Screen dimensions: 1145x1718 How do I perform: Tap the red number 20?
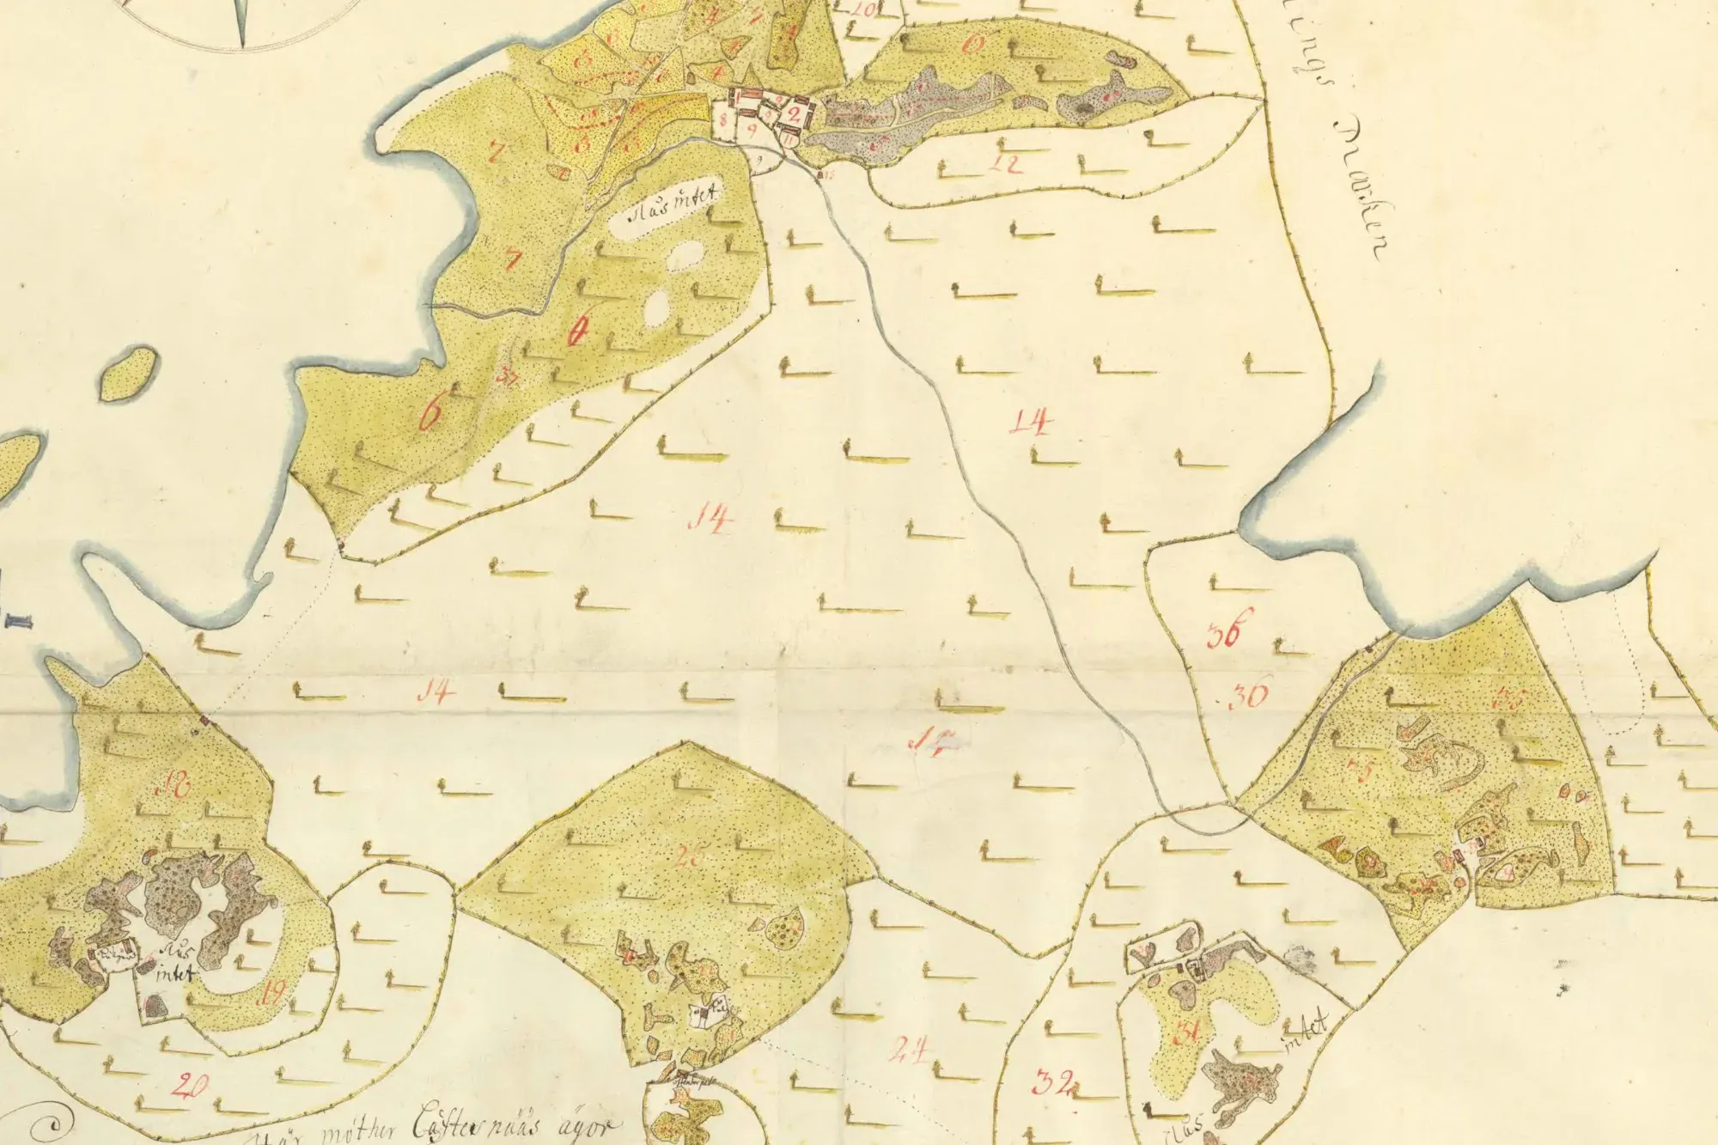(188, 1086)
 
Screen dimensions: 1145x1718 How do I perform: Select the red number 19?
(272, 993)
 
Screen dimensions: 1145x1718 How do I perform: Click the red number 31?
(1189, 1034)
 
